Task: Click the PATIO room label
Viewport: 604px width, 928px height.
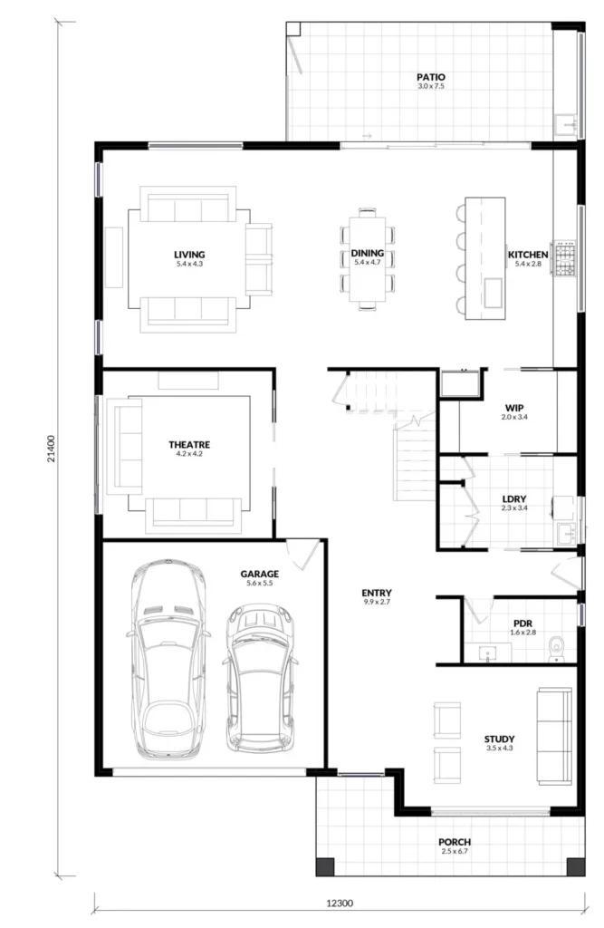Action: tap(431, 77)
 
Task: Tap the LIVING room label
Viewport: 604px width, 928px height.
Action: tap(189, 255)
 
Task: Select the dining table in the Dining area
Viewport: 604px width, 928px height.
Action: tap(368, 259)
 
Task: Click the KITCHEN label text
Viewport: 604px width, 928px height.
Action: tap(528, 255)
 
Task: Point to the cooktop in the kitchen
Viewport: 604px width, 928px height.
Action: tap(564, 257)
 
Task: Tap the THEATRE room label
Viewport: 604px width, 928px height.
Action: tap(189, 444)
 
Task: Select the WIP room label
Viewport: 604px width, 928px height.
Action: tap(514, 408)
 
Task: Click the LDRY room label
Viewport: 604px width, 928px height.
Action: tap(514, 499)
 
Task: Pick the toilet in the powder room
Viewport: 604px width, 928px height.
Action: tap(557, 649)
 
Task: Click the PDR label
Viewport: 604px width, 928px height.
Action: tap(523, 623)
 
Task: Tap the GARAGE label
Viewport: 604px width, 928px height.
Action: tap(260, 574)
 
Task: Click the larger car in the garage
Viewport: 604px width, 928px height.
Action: tap(168, 660)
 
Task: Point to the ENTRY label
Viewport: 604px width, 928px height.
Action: tap(377, 593)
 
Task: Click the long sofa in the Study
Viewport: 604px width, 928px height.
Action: tap(554, 736)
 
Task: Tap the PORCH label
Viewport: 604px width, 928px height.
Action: tap(455, 842)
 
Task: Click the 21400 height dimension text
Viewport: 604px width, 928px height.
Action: tap(52, 449)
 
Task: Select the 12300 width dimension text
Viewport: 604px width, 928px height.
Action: tap(340, 904)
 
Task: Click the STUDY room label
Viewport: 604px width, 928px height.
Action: tap(499, 739)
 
